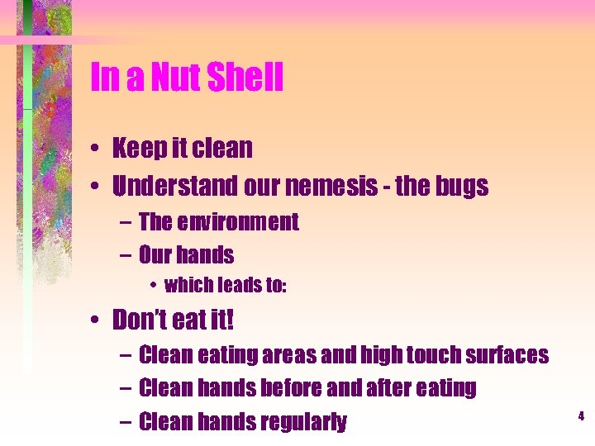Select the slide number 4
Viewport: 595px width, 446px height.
coord(581,417)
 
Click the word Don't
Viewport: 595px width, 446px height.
coord(141,319)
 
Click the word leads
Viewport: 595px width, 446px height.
coord(236,286)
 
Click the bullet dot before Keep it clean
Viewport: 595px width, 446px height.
coord(97,149)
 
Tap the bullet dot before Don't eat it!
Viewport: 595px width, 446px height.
coord(97,320)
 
